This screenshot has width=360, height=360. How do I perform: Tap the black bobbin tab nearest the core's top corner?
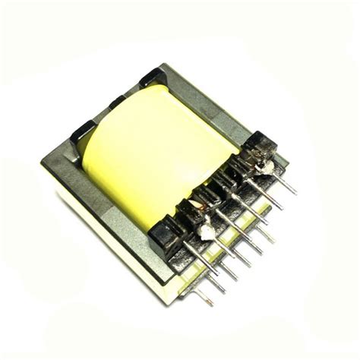click(150, 77)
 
